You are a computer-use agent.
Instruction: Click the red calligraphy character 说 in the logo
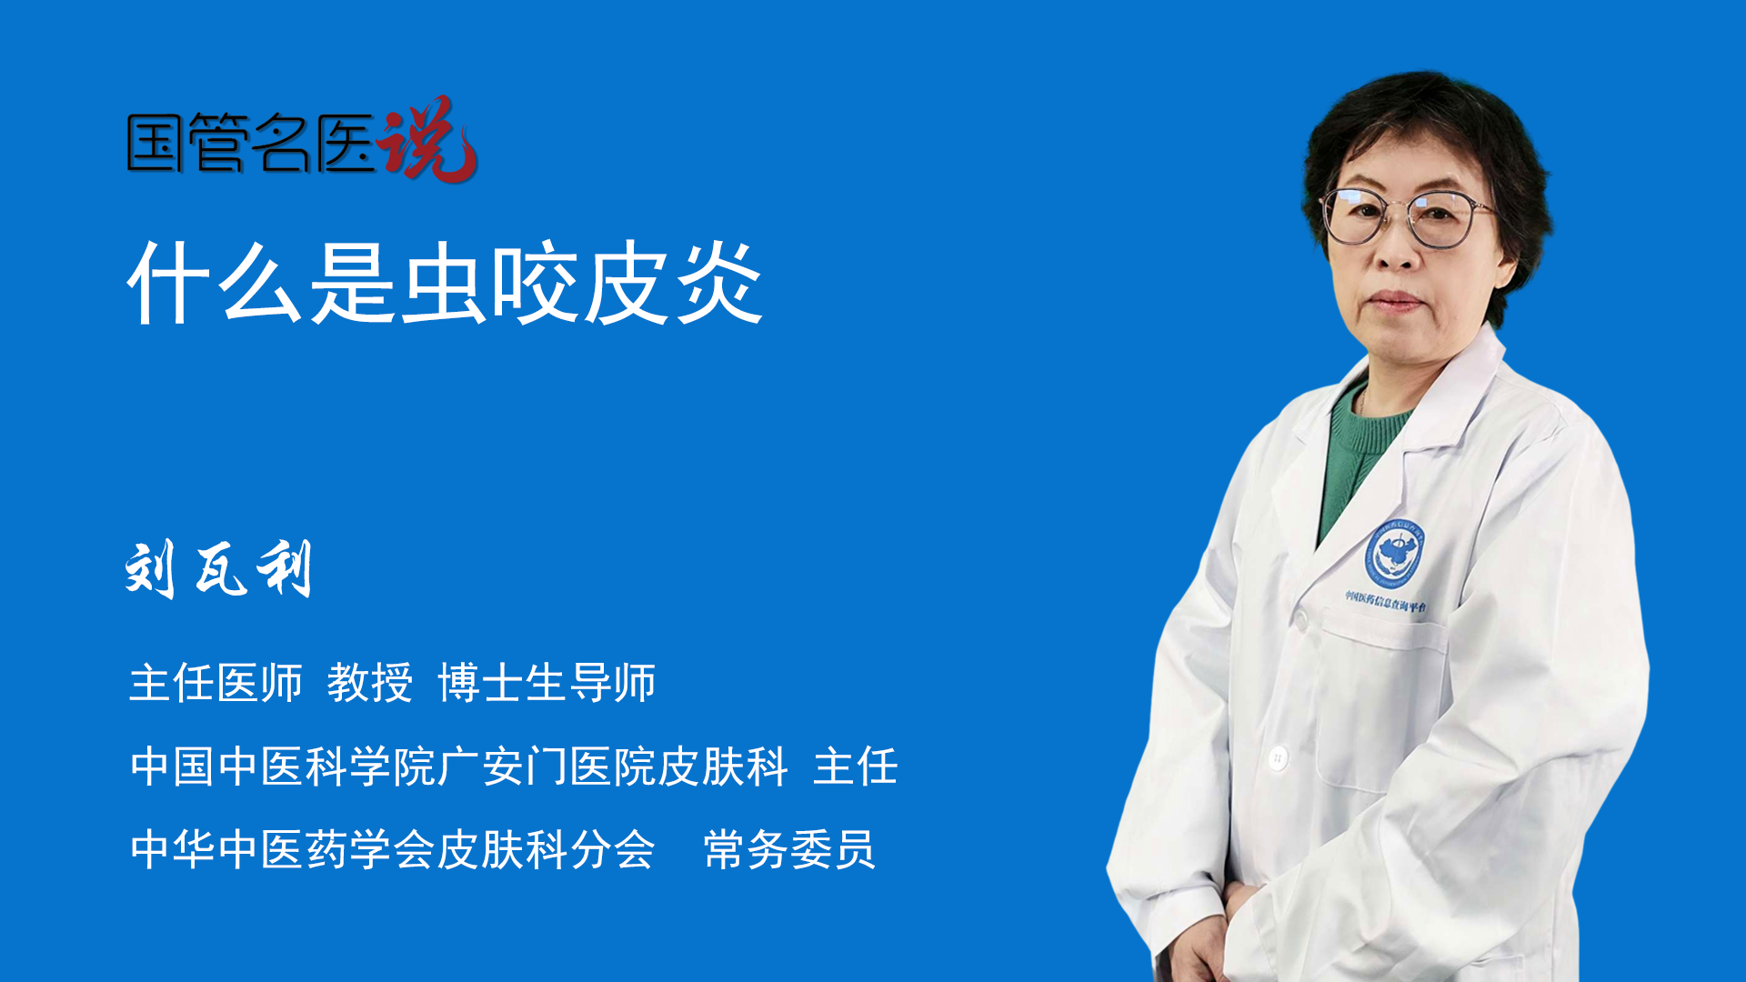pyautogui.click(x=427, y=138)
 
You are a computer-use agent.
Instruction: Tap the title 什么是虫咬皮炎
pyautogui.click(x=446, y=283)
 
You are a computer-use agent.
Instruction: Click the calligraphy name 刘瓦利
pyautogui.click(x=219, y=569)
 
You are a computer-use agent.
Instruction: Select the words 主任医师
pyautogui.click(x=216, y=683)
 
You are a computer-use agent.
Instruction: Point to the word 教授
pyautogui.click(x=370, y=683)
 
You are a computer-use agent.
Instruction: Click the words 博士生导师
pyautogui.click(x=547, y=683)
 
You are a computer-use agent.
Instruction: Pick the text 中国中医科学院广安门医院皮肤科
pyautogui.click(x=459, y=767)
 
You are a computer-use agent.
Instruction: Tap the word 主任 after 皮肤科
pyautogui.click(x=856, y=767)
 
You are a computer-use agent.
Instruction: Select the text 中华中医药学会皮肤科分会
pyautogui.click(x=393, y=850)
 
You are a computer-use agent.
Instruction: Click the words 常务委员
pyautogui.click(x=789, y=850)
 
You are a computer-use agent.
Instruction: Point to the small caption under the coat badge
pyautogui.click(x=1386, y=601)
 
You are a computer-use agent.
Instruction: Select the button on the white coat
pyautogui.click(x=1278, y=757)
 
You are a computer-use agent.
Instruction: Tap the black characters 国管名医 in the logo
pyautogui.click(x=251, y=143)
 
